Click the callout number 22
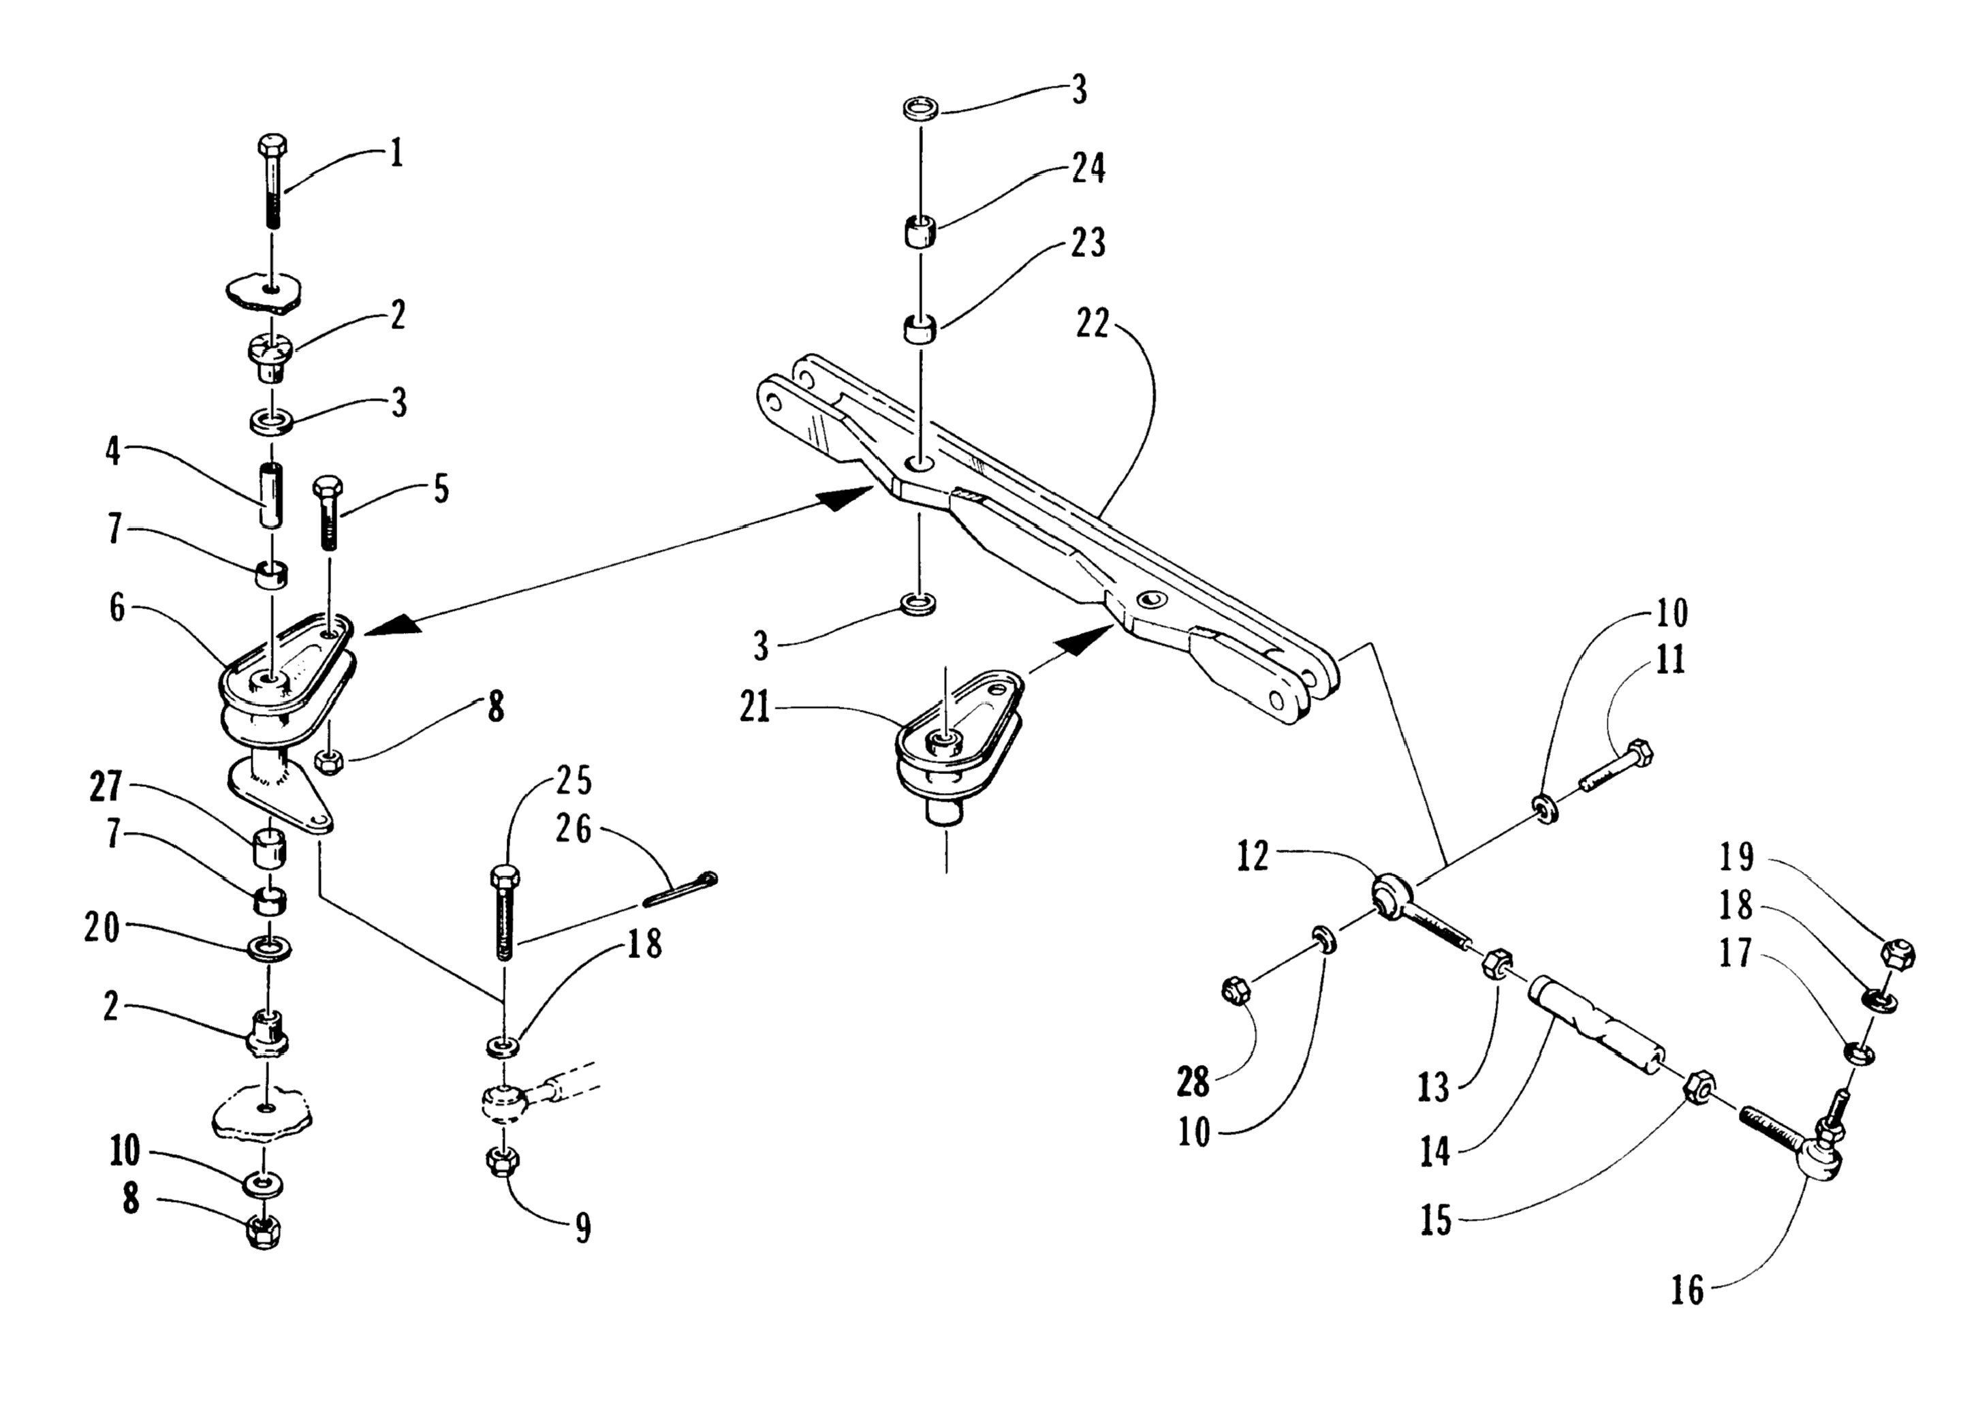[x=1092, y=324]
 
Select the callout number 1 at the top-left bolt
[x=396, y=155]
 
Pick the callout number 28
[x=1193, y=1082]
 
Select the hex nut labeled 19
[x=1897, y=954]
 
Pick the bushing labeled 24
[x=921, y=234]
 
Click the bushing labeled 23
[x=921, y=330]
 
